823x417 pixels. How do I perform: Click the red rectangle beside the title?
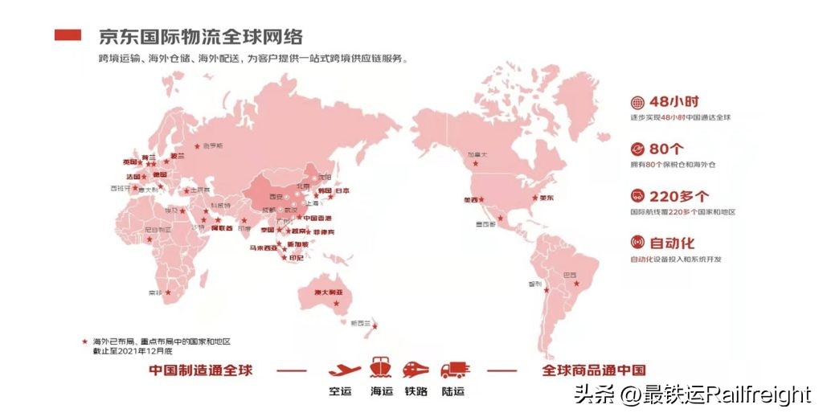point(68,35)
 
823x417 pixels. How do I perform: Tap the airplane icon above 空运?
point(344,370)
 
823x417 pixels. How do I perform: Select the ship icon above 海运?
point(380,368)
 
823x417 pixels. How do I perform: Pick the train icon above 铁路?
point(415,369)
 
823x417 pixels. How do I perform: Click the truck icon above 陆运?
point(454,370)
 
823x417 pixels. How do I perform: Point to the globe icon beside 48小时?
point(637,103)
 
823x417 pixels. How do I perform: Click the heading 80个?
point(666,149)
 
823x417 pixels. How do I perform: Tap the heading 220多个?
point(679,195)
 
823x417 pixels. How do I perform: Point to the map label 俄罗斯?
point(213,146)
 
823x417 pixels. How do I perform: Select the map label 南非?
point(154,293)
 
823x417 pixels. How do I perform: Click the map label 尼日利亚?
point(158,229)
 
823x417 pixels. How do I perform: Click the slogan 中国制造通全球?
point(201,370)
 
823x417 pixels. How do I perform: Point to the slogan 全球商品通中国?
point(594,370)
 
